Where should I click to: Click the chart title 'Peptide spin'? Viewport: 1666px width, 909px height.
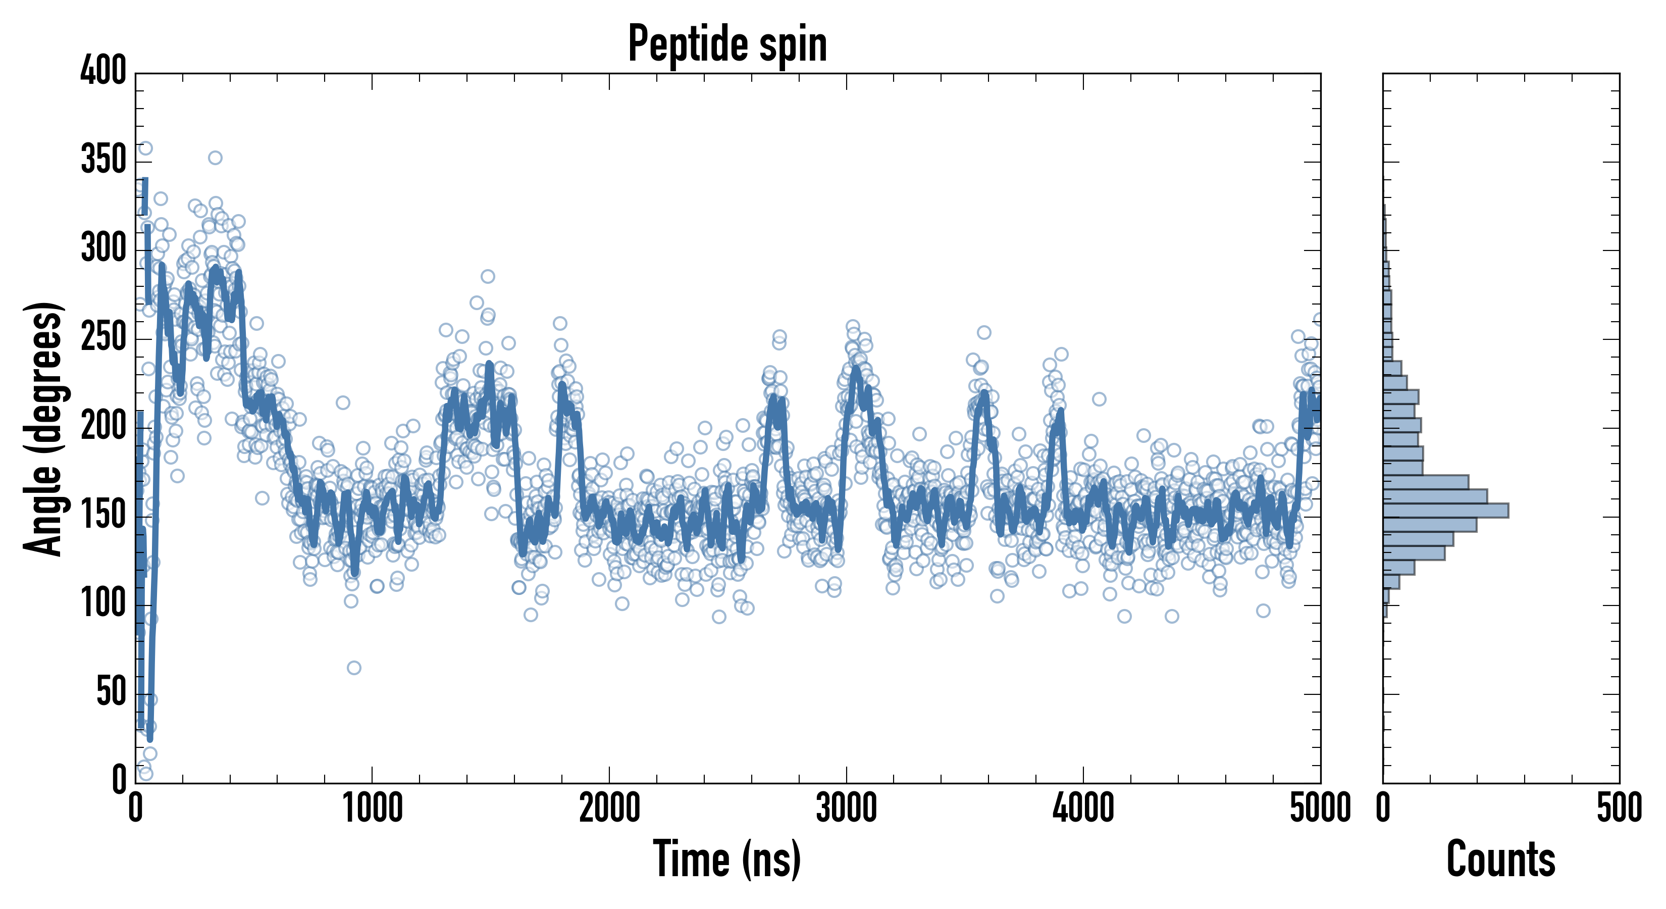727,44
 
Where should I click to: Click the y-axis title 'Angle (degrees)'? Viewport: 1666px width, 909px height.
43,428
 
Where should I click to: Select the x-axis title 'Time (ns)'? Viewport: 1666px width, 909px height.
727,859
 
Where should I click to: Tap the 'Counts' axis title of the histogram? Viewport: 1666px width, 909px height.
1500,859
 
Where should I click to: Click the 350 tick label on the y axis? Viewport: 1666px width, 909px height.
103,159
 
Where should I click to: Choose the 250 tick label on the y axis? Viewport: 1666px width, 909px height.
103,337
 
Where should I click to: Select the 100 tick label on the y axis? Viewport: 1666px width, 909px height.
103,603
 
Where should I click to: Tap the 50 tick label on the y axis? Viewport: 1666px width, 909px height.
111,692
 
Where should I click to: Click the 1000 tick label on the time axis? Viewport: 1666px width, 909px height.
373,809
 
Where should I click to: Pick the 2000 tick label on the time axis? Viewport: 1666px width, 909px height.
609,809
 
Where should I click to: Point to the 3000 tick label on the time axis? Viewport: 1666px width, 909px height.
846,809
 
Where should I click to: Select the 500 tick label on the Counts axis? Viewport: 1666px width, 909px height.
1619,809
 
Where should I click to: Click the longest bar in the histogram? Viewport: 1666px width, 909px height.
1445,511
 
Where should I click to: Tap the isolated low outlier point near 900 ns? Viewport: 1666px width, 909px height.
354,668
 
